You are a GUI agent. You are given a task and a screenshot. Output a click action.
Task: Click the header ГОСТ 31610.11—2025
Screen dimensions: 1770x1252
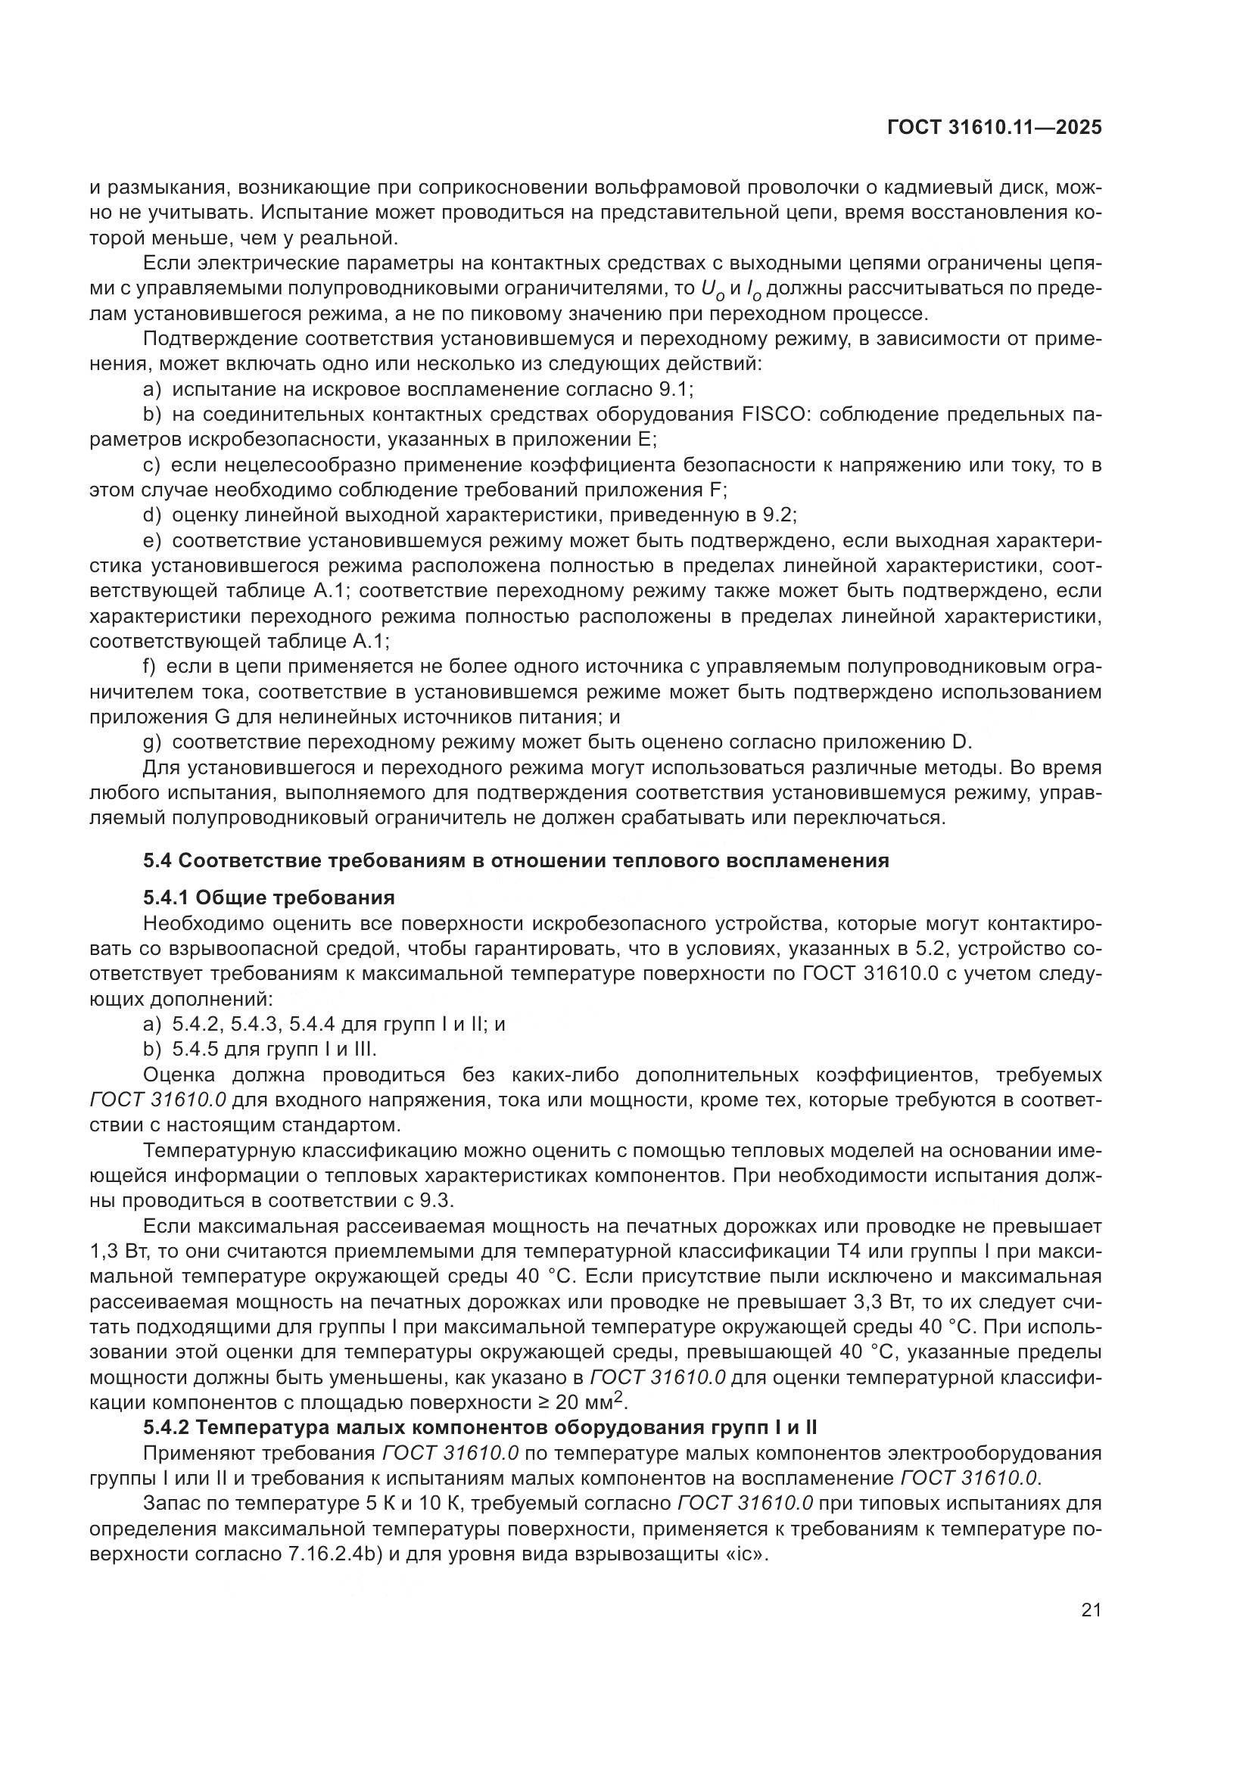click(994, 128)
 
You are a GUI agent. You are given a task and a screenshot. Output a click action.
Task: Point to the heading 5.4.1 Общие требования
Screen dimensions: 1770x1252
click(269, 897)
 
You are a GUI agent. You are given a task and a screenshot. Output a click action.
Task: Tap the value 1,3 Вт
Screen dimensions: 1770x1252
click(117, 1251)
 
